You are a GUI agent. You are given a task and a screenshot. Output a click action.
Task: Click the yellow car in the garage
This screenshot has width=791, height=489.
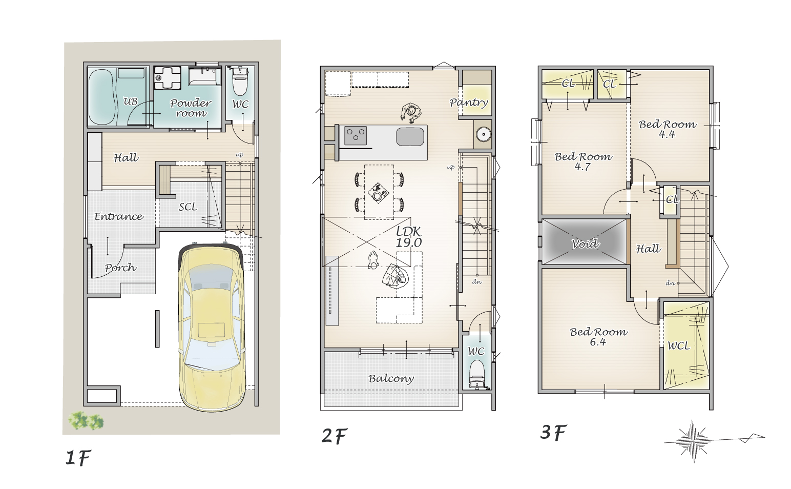click(211, 327)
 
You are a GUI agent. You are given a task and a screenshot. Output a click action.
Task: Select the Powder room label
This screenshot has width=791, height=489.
click(191, 108)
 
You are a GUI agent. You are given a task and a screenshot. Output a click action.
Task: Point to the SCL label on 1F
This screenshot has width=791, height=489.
click(188, 207)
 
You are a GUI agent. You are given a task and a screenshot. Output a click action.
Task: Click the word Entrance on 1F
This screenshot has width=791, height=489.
click(119, 216)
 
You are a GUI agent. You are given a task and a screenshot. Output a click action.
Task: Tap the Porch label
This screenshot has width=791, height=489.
click(120, 268)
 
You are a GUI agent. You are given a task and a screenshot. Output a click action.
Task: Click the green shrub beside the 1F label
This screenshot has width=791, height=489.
click(86, 420)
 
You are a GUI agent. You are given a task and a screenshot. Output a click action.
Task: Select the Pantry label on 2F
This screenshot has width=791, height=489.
click(469, 103)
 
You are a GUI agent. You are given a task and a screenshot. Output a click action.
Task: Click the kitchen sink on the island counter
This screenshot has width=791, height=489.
click(410, 136)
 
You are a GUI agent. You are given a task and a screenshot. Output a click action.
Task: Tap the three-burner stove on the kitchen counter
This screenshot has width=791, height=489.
click(355, 136)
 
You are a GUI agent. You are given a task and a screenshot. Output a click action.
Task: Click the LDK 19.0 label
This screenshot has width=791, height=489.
click(409, 237)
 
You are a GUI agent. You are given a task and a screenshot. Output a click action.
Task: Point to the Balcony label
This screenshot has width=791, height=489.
click(391, 379)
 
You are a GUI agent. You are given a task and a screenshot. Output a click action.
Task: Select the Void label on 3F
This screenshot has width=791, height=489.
click(585, 243)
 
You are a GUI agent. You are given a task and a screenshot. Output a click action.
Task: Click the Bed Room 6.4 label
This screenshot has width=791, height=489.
click(598, 337)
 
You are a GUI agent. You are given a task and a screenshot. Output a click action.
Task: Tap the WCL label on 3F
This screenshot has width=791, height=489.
click(678, 345)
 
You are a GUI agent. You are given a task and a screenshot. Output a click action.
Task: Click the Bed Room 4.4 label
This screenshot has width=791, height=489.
click(668, 129)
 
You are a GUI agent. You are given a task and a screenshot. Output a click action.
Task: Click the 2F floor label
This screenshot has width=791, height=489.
click(334, 436)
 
